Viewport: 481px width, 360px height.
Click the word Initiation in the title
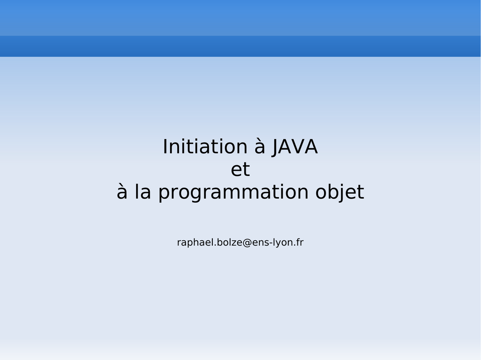205,146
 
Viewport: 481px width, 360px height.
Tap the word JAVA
295,147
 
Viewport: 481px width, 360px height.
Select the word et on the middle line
240,169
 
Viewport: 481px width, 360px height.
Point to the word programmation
233,192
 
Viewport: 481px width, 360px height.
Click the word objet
340,192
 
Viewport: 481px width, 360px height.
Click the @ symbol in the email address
247,243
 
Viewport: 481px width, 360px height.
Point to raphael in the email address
195,242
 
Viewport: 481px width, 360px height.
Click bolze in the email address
229,242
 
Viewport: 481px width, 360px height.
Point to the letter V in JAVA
297,146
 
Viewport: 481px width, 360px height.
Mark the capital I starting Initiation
165,146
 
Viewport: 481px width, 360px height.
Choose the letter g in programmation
192,194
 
